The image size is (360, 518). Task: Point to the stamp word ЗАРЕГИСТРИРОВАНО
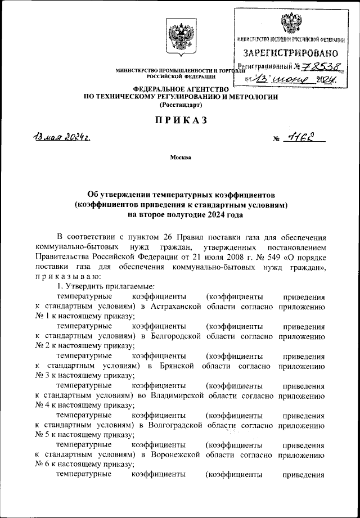coord(291,53)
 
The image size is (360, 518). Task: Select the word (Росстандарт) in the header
coord(180,105)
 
